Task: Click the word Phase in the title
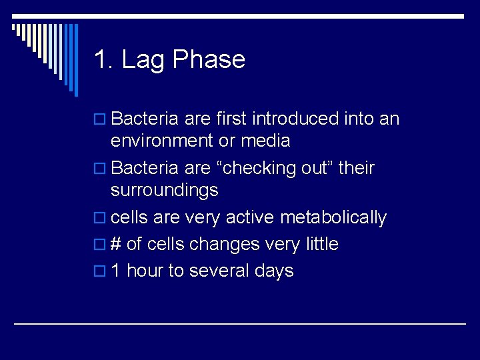(209, 60)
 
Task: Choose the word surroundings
(165, 190)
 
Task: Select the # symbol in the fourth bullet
(115, 244)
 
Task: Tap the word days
(274, 271)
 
